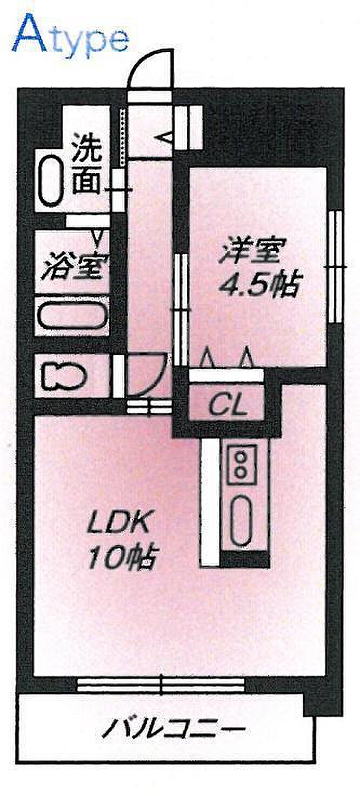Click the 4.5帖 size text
click(258, 284)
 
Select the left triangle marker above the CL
click(206, 358)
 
